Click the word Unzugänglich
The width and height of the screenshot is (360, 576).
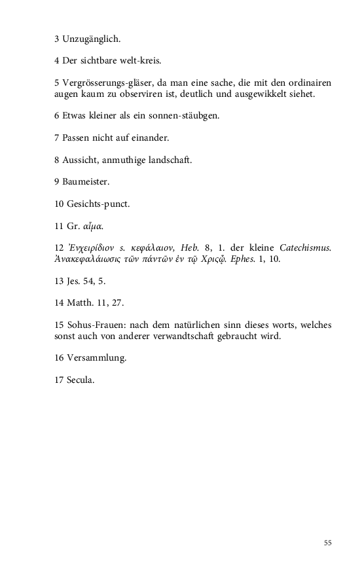pyautogui.click(x=92, y=39)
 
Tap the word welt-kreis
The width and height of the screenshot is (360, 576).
pyautogui.click(x=140, y=61)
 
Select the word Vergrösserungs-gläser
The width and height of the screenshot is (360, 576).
pyautogui.click(x=109, y=83)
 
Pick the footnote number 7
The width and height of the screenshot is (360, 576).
pyautogui.click(x=57, y=138)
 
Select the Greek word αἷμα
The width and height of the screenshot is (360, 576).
pyautogui.click(x=92, y=226)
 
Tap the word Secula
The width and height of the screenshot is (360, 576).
pyautogui.click(x=81, y=380)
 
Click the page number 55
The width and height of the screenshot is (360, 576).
pyautogui.click(x=328, y=543)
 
